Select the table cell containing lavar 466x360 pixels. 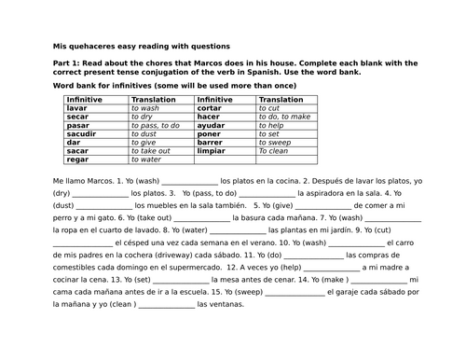click(77, 107)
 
